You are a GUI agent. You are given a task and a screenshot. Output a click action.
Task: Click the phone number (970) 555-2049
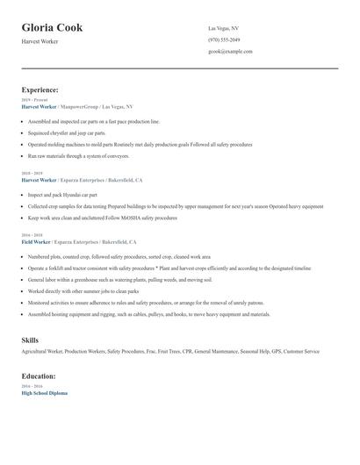point(225,39)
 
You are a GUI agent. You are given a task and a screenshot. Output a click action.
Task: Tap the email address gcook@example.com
point(230,52)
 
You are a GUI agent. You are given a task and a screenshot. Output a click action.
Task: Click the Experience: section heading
point(40,89)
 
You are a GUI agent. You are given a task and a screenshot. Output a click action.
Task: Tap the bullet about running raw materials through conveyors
point(78,155)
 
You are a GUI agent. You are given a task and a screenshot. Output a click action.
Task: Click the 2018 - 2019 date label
point(32,173)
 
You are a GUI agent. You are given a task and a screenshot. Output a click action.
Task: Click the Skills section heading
point(30,339)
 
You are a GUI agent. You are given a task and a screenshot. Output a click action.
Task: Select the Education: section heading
point(39,376)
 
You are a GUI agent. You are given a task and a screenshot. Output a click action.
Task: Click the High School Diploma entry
point(44,393)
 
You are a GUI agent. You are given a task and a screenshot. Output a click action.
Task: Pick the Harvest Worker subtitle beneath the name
point(40,41)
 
